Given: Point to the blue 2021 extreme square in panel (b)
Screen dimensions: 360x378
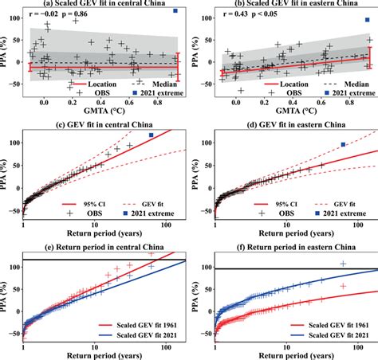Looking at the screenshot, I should click(366, 19).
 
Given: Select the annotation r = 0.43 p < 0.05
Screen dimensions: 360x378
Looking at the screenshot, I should click(249, 14).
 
